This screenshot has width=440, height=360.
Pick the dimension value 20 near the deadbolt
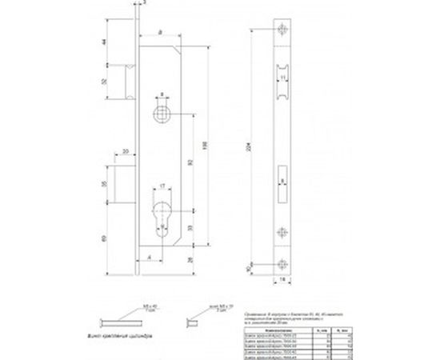point(126,151)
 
